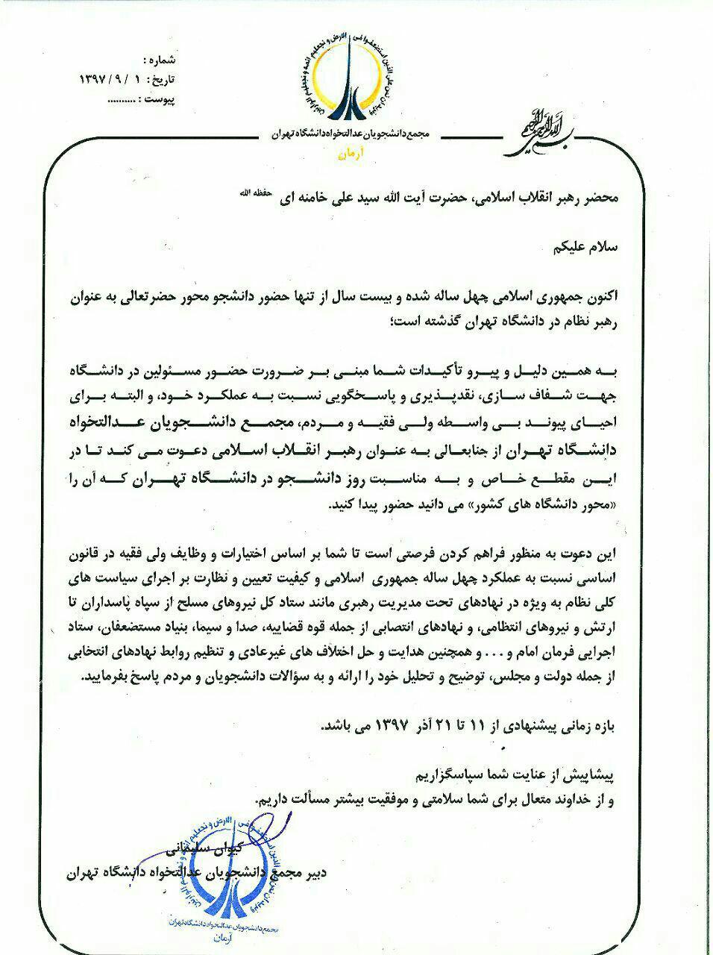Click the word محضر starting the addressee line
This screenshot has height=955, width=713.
600,199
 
